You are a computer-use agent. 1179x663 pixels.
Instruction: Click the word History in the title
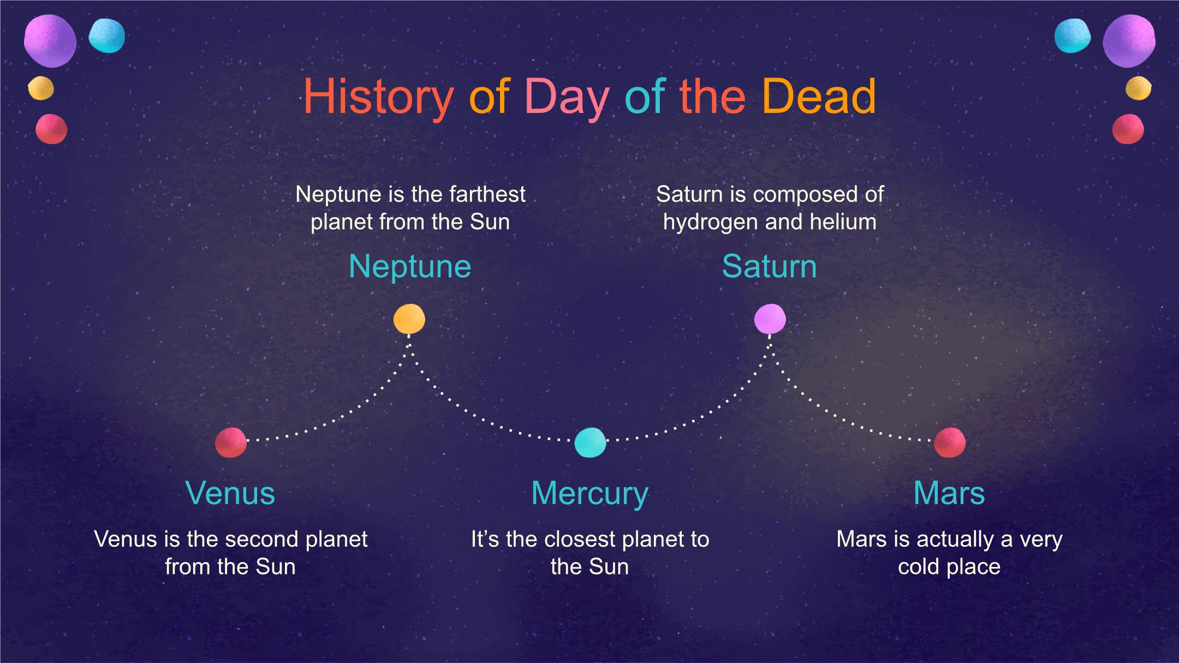(378, 97)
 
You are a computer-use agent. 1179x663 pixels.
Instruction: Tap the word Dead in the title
(819, 96)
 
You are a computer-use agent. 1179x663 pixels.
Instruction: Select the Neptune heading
(409, 267)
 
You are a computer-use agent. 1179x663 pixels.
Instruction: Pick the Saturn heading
(769, 266)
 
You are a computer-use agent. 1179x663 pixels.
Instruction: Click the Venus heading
(230, 493)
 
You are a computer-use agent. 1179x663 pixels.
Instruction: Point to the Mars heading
(949, 493)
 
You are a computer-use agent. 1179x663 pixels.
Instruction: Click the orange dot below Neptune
(409, 319)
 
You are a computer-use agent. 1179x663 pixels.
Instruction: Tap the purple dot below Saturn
(770, 319)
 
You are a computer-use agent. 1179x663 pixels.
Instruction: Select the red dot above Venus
(231, 442)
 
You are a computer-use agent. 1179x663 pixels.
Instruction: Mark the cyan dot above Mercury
(590, 442)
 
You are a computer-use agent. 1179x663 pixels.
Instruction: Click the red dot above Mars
(950, 442)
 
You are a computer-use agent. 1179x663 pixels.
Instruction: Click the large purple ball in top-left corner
(50, 41)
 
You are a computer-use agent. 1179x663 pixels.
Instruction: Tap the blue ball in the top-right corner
(1073, 36)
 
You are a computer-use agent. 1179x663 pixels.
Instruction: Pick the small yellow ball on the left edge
(41, 88)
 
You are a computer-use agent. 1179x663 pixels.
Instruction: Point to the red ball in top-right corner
(1128, 129)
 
